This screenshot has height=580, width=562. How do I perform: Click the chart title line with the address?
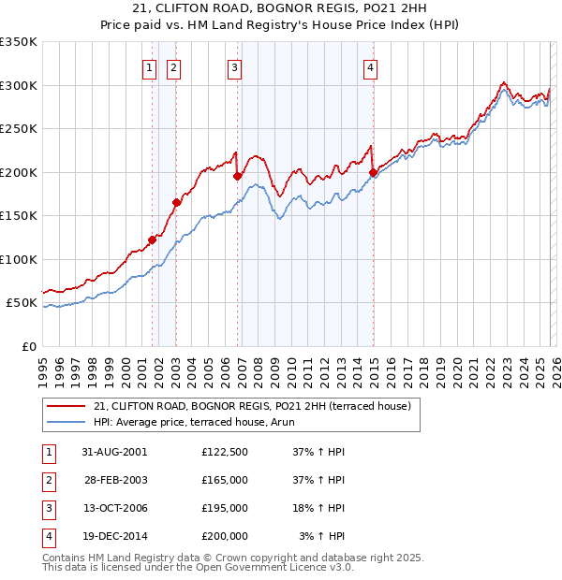click(x=281, y=8)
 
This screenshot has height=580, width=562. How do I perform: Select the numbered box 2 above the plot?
click(x=174, y=66)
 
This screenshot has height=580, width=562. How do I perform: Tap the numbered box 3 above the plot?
click(x=234, y=66)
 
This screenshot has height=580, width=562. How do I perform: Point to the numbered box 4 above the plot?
click(x=371, y=66)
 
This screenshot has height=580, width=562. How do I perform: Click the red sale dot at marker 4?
click(x=373, y=172)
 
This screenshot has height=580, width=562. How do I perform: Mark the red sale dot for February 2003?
click(x=176, y=202)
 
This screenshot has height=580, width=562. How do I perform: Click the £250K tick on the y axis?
click(x=19, y=129)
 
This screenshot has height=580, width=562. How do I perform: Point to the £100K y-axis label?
click(x=19, y=259)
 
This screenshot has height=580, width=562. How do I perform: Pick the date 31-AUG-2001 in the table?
click(x=114, y=451)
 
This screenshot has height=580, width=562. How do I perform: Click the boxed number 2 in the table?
click(x=49, y=480)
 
